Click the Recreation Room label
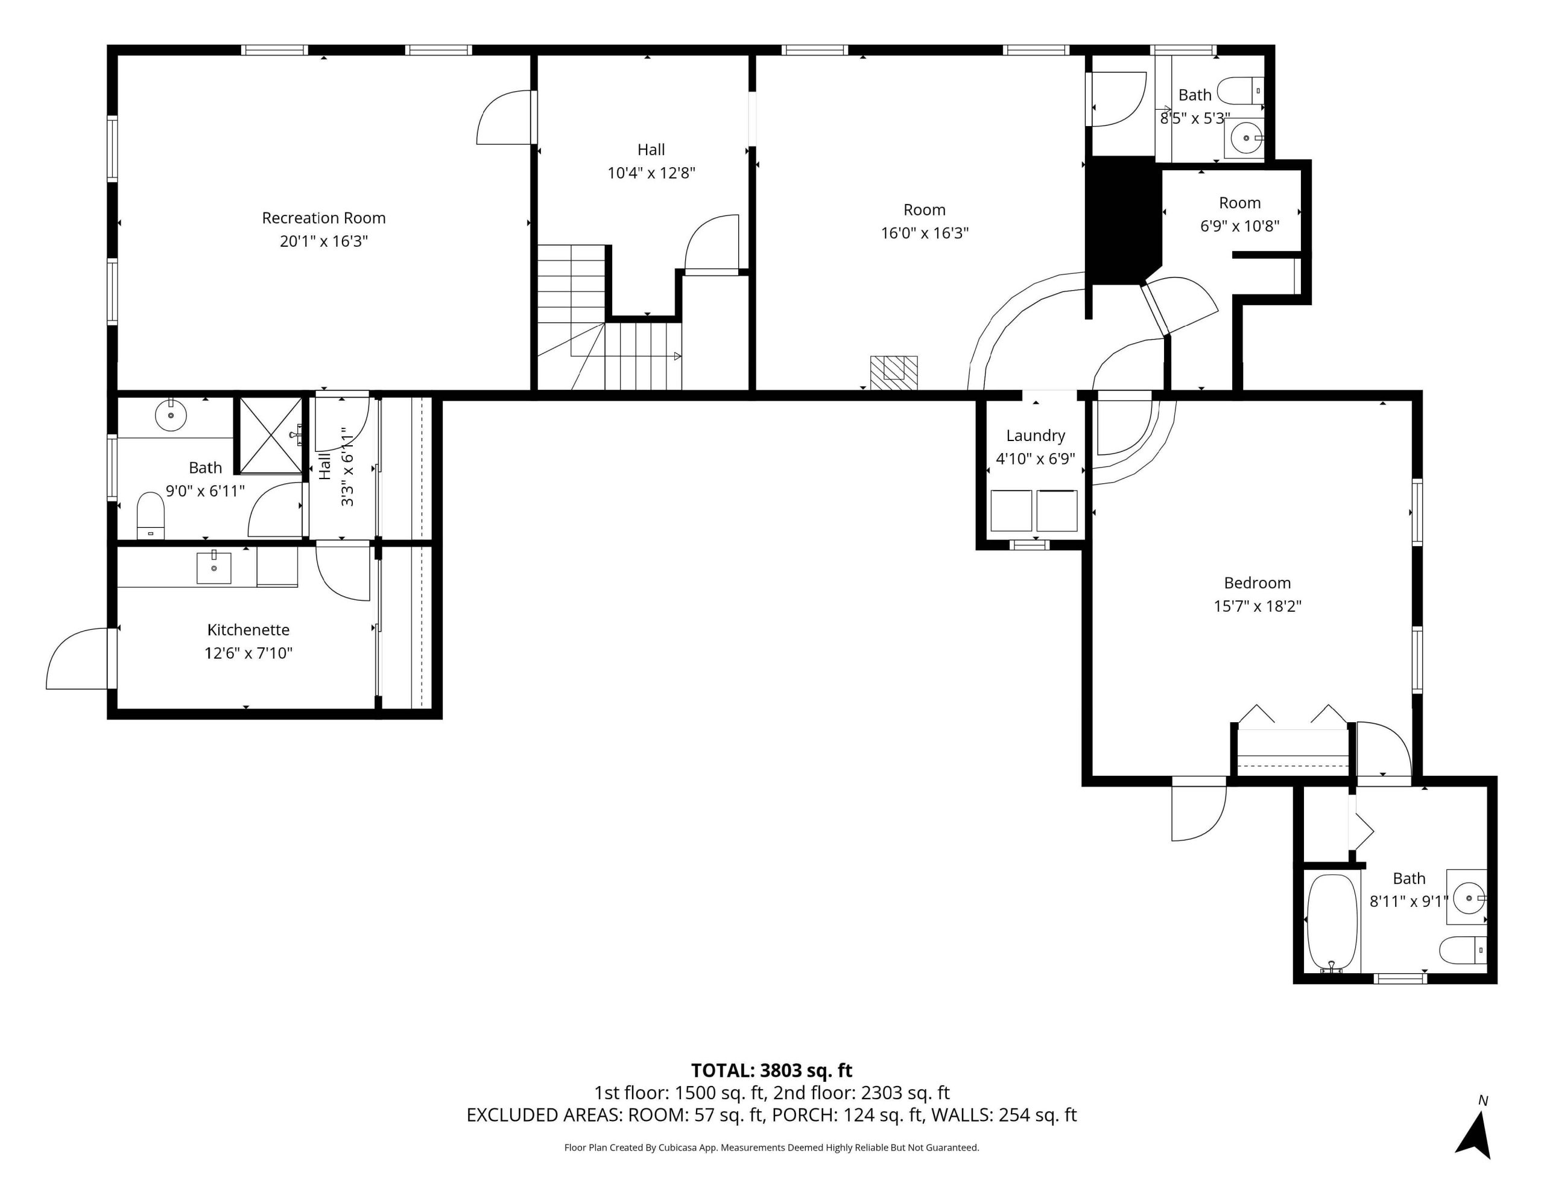[x=324, y=218]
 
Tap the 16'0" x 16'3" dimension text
[x=925, y=233]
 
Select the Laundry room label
[x=1036, y=436]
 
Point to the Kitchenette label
[x=248, y=629]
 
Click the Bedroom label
[x=1258, y=583]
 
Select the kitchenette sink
[x=214, y=568]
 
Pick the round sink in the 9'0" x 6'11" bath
[x=170, y=415]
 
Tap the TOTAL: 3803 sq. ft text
[x=771, y=1070]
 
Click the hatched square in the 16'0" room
[x=894, y=373]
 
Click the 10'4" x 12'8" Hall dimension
[x=651, y=173]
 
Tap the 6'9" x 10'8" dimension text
[x=1240, y=226]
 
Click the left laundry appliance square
[x=1011, y=510]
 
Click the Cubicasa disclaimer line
[x=771, y=1148]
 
